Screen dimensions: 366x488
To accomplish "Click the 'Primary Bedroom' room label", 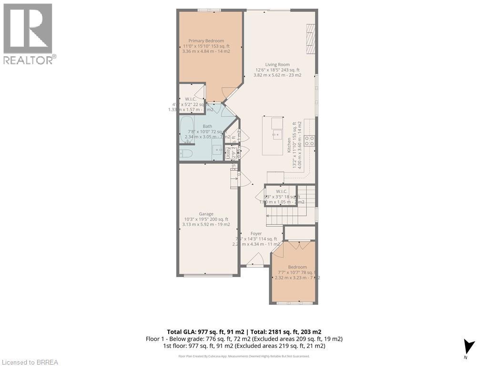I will point(206,41).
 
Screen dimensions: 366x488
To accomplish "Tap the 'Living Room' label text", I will point(277,65).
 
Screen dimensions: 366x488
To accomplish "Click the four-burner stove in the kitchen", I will point(309,141).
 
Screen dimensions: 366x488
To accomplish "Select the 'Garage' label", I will point(206,214).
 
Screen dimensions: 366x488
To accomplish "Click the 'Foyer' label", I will point(256,234).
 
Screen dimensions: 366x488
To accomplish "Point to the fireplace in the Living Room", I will point(311,39).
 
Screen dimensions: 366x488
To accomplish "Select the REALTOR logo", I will point(28,33).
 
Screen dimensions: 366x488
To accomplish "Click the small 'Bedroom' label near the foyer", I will point(297,267).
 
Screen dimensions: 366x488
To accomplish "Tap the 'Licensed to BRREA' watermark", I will point(30,362).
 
